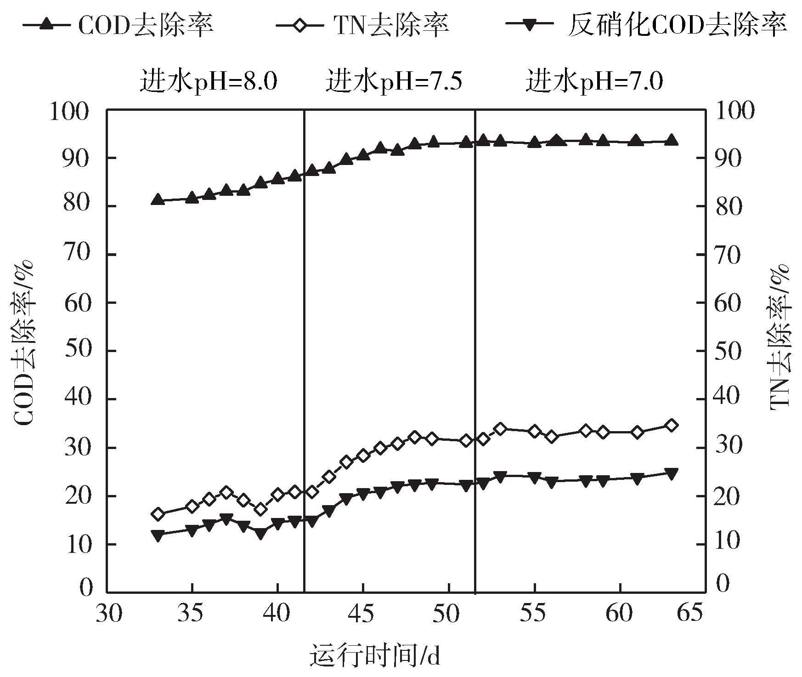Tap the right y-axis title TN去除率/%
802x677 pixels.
point(779,336)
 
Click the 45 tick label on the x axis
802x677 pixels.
point(363,614)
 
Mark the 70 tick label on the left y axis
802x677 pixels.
point(78,255)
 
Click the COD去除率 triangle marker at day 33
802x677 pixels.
point(158,199)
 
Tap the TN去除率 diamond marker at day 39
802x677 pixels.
point(261,509)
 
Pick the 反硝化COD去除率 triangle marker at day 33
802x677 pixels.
point(158,535)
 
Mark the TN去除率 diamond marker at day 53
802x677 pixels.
point(501,429)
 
